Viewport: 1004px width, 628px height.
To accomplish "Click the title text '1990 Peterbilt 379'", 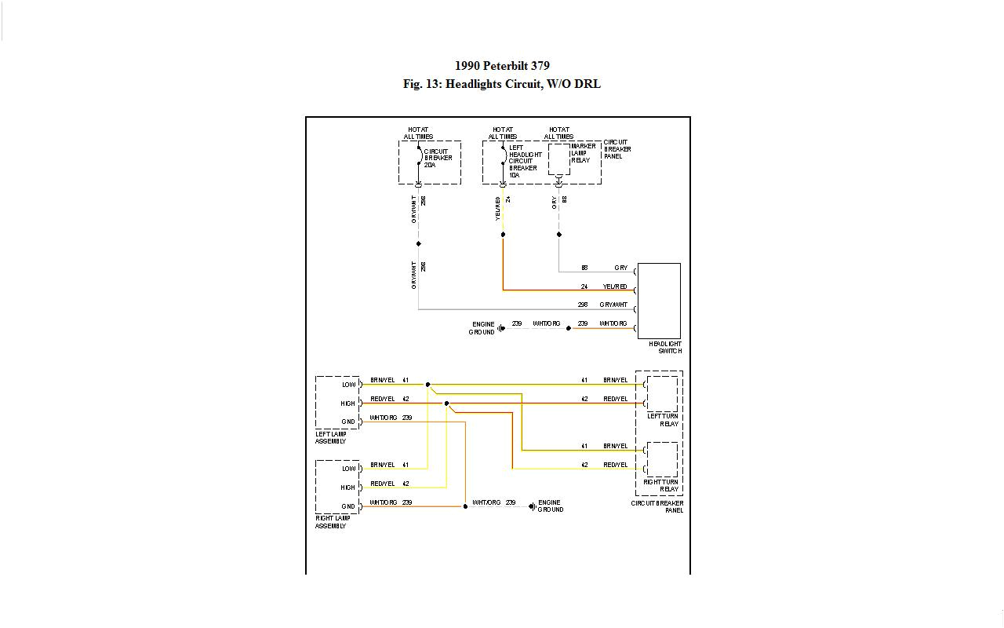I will [502, 66].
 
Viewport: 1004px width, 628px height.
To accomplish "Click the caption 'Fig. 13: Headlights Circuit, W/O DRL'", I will [502, 84].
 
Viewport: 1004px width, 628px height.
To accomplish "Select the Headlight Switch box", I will [659, 301].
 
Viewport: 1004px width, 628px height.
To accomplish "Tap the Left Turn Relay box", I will [662, 394].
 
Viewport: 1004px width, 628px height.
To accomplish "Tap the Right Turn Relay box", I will [662, 459].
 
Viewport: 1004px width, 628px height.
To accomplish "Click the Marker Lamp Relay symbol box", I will [558, 159].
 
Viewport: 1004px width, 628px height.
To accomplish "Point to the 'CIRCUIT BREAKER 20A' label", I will [438, 158].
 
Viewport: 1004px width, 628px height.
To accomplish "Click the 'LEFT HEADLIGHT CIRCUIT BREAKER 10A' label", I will [524, 161].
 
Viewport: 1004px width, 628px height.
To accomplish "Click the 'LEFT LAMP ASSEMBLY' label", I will [331, 437].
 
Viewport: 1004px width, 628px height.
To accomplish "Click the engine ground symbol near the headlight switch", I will [501, 328].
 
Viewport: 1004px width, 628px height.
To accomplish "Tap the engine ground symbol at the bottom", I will [532, 506].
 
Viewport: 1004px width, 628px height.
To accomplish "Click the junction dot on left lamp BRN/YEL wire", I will [427, 385].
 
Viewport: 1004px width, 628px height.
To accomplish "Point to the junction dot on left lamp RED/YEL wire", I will [446, 403].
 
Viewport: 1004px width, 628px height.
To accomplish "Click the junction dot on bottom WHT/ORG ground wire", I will [465, 506].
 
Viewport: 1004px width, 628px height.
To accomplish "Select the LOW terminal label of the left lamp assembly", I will [348, 385].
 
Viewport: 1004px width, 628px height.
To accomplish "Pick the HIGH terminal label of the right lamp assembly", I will [347, 487].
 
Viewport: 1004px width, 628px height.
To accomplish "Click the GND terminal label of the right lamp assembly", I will [348, 506].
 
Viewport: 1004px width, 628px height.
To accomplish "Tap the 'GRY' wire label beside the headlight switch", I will [620, 268].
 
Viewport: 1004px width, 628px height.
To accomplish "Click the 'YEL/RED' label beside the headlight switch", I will [614, 287].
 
